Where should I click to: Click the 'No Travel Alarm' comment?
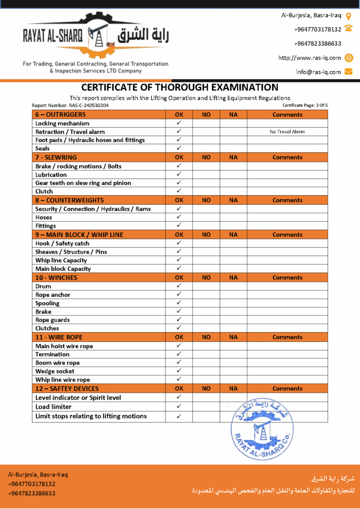point(287,132)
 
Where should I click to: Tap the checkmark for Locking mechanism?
point(179,123)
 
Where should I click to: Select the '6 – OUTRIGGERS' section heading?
point(57,115)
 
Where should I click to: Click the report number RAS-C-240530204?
point(70,105)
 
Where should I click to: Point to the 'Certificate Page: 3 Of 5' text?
point(305,105)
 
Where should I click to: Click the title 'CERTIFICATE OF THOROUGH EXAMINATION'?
point(180,87)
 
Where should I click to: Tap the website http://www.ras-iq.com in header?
point(309,58)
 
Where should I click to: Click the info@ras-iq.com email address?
point(318,72)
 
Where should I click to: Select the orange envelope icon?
point(349,72)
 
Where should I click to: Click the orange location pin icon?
point(349,16)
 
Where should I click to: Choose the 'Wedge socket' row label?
point(55,371)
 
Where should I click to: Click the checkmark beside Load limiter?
point(179,407)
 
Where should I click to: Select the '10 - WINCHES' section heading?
point(56,278)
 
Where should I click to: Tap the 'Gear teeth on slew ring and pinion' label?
point(83,183)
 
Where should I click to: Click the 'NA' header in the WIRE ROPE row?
point(233,337)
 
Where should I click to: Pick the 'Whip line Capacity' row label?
point(61,260)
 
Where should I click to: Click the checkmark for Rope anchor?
point(179,295)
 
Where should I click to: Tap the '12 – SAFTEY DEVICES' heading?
point(67,389)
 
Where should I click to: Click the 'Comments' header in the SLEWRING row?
point(287,158)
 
